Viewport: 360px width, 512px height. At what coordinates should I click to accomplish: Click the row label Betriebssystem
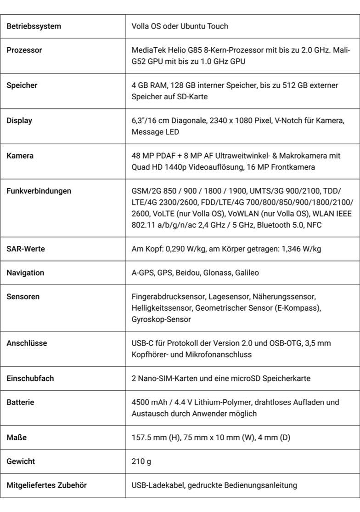click(34, 27)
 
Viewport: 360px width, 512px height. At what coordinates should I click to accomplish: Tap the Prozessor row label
click(24, 50)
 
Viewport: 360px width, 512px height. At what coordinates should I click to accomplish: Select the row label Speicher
click(22, 85)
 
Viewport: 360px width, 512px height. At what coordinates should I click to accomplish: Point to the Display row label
click(19, 121)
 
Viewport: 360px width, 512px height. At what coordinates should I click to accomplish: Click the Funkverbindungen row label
click(39, 191)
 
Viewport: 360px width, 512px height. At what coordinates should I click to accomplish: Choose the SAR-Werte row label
click(26, 249)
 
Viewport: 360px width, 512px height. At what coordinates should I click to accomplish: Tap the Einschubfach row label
click(30, 378)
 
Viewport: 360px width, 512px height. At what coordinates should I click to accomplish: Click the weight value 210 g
click(141, 461)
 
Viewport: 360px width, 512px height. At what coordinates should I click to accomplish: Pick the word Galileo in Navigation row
click(247, 273)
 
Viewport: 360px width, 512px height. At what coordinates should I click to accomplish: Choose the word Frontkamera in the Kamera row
click(294, 167)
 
